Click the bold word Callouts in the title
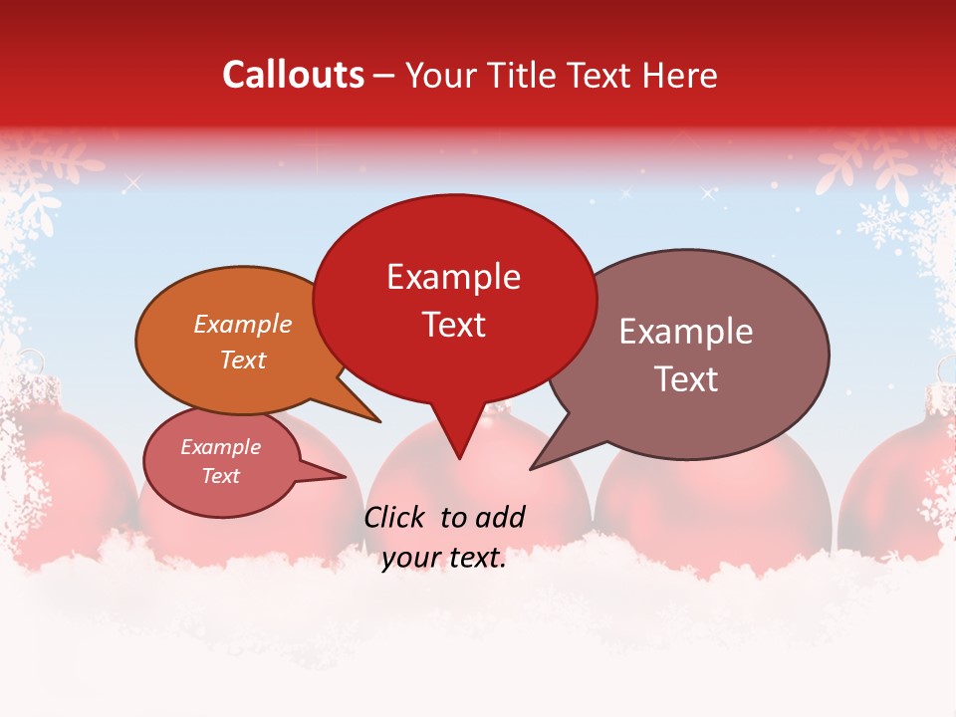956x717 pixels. [x=293, y=75]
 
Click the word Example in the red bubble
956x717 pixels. [x=454, y=277]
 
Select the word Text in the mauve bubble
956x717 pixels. [x=686, y=379]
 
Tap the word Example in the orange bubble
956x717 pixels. [x=243, y=325]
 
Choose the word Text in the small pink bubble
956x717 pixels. [x=221, y=476]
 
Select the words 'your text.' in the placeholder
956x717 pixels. [x=444, y=559]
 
